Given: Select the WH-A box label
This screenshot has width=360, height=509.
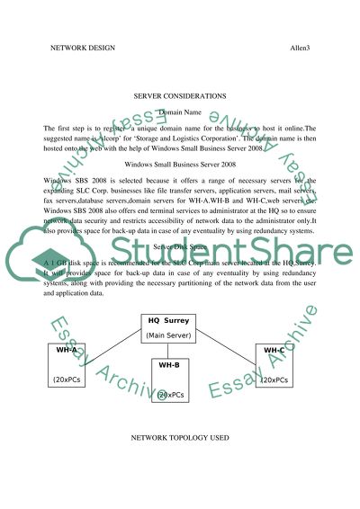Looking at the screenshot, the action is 66,349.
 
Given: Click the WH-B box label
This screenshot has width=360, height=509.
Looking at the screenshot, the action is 169,366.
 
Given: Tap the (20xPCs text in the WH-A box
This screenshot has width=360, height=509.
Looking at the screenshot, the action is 68,380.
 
